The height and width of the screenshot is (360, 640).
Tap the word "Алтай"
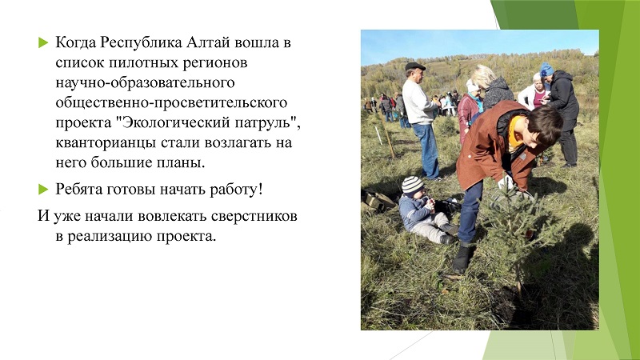(207, 42)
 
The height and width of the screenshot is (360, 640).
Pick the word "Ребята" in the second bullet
(78, 190)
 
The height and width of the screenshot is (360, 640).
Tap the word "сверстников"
(254, 216)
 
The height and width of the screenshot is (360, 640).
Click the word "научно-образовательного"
(145, 83)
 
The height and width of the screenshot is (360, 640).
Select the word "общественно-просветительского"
(171, 103)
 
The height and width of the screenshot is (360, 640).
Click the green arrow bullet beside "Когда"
(43, 42)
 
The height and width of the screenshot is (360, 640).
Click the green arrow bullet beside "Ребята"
(43, 190)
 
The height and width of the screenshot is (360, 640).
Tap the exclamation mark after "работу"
(260, 189)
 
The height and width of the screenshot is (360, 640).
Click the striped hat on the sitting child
(411, 185)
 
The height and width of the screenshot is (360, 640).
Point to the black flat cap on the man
(414, 66)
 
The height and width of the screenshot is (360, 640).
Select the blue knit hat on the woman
(546, 70)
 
